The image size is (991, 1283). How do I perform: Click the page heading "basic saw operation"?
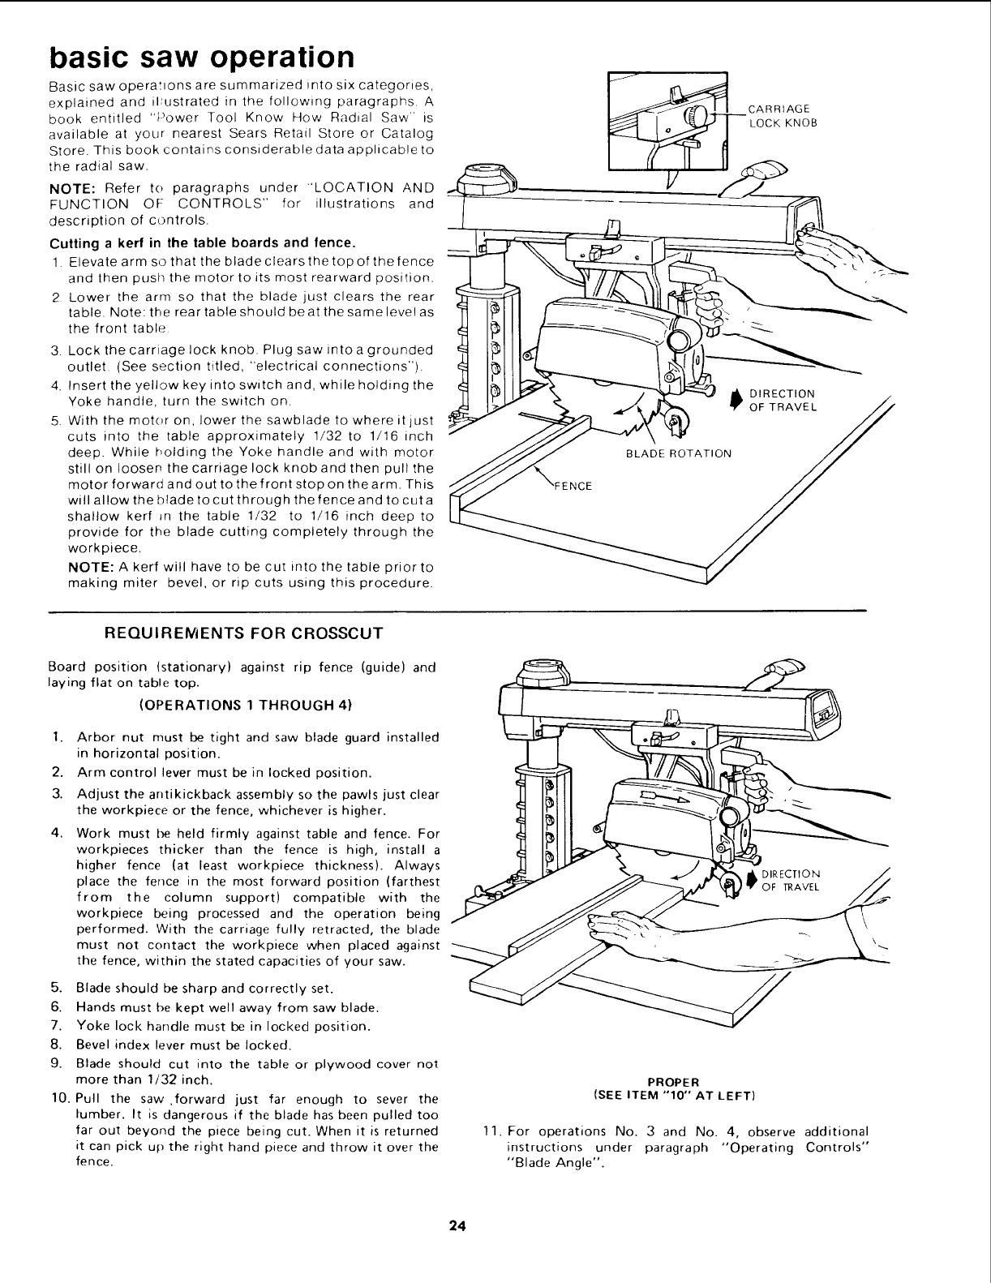click(202, 57)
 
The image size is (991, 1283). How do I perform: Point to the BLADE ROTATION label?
click(679, 453)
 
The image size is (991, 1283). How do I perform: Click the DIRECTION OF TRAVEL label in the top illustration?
click(782, 400)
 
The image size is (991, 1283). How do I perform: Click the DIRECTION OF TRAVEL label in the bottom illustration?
click(791, 880)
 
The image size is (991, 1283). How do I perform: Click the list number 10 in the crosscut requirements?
click(58, 1099)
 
